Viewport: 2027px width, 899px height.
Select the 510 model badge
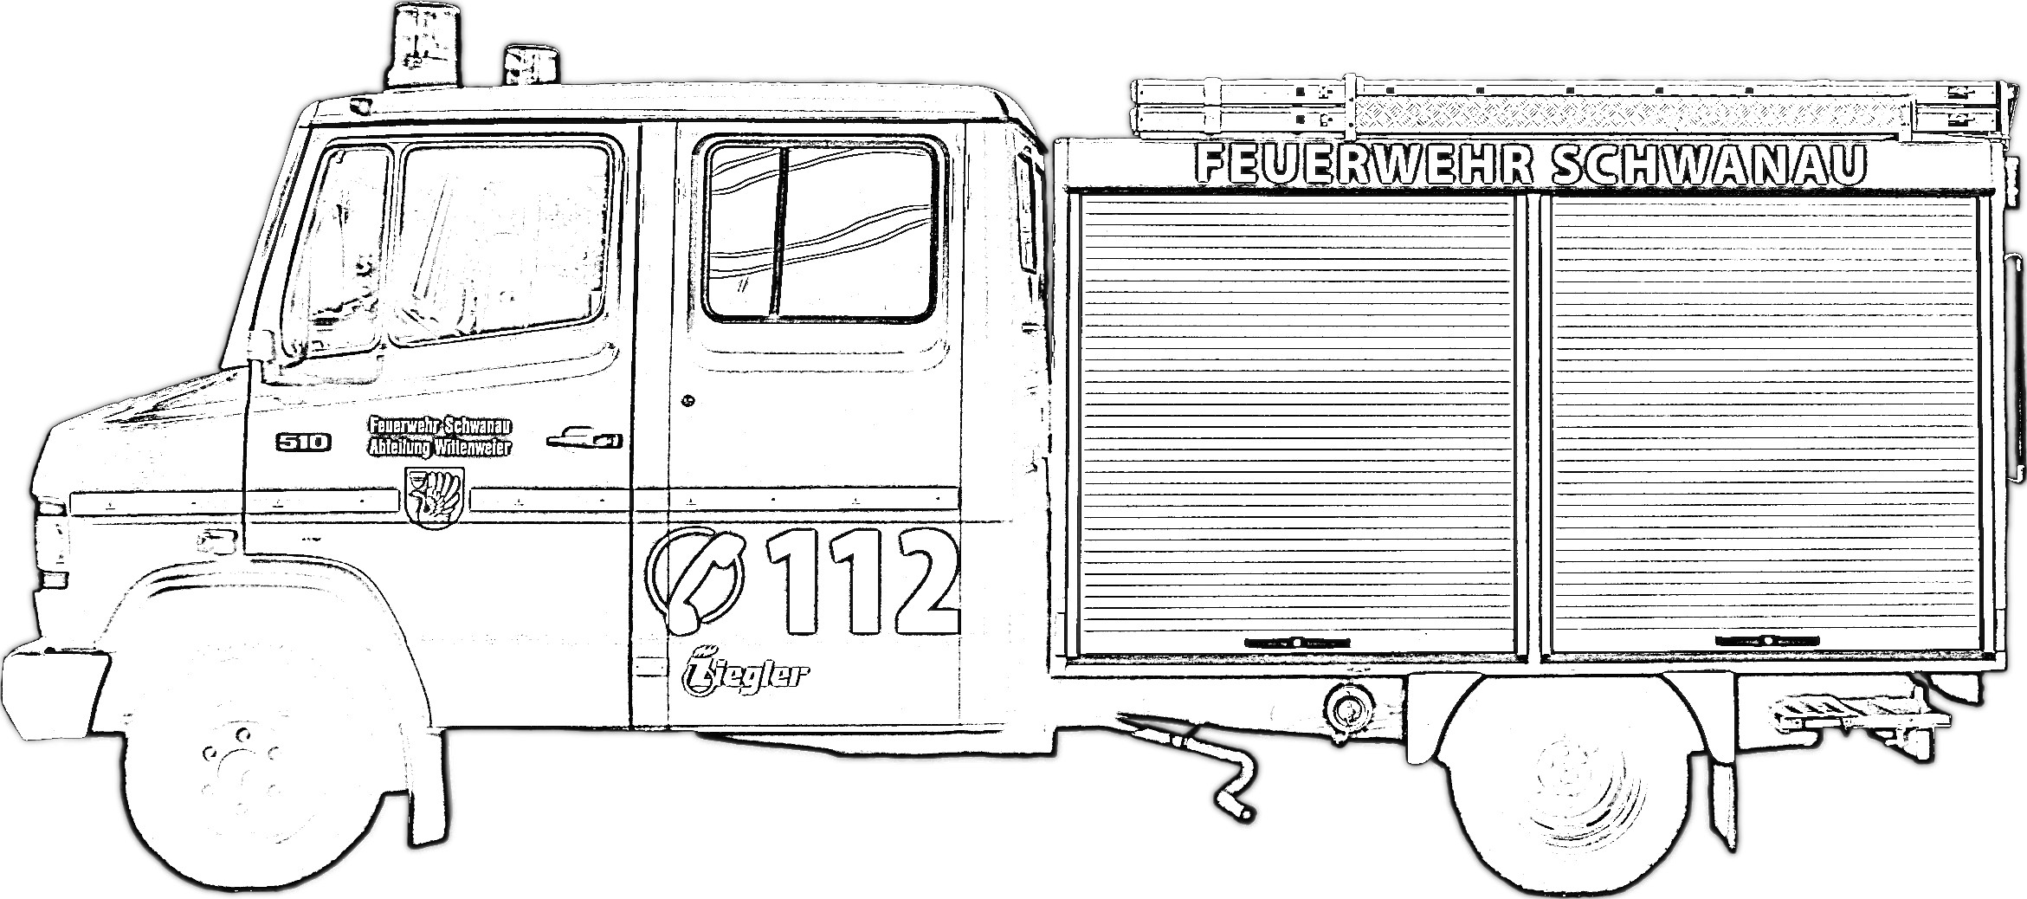click(x=303, y=442)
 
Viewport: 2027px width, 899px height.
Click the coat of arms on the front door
click(x=435, y=496)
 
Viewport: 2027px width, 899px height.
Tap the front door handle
click(x=584, y=439)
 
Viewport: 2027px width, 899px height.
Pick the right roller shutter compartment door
click(x=1766, y=424)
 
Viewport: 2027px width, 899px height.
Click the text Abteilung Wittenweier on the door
click(x=440, y=448)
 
